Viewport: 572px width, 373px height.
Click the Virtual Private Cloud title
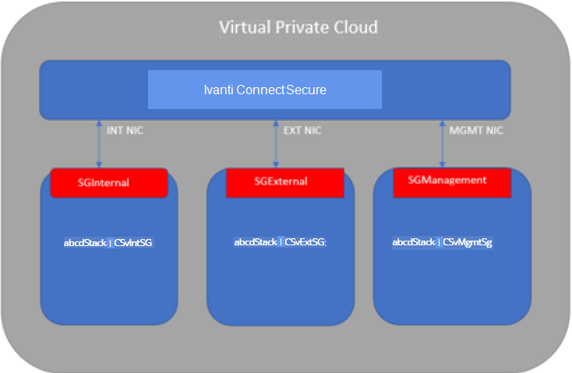click(x=298, y=27)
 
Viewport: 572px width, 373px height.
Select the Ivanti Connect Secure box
click(x=265, y=90)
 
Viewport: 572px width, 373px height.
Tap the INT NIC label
click(x=125, y=130)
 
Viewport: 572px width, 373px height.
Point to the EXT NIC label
click(x=302, y=130)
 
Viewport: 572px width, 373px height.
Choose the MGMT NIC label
click(x=476, y=130)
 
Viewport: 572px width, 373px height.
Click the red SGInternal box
click(x=109, y=183)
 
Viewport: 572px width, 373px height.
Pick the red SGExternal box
click(x=285, y=183)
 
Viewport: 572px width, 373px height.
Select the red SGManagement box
click(x=452, y=183)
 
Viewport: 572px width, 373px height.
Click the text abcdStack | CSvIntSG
click(x=108, y=242)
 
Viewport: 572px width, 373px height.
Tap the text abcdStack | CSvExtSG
click(x=280, y=241)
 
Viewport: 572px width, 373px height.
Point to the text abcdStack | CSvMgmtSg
click(x=442, y=242)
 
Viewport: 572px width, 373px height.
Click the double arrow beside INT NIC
click(x=99, y=144)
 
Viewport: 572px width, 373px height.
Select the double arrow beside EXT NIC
click(x=276, y=144)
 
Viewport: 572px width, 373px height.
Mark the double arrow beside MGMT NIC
click(x=442, y=144)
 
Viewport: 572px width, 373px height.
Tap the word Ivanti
click(x=218, y=90)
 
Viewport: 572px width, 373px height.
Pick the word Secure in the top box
click(x=306, y=90)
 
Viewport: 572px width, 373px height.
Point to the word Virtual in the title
click(x=245, y=27)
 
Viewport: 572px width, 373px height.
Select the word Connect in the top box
click(x=260, y=90)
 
